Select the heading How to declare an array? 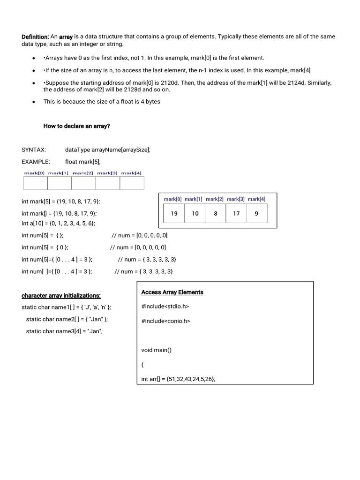76,126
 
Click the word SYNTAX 34,150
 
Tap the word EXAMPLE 36,162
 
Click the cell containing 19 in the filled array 174,213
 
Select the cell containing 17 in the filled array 236,213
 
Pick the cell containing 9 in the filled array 256,213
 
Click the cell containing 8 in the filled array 216,213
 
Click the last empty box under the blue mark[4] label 132,183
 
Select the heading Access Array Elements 172,292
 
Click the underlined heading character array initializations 61,296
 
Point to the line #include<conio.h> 165,321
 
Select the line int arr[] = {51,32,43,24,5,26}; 178,379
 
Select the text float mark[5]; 83,162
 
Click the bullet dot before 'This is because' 34,102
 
